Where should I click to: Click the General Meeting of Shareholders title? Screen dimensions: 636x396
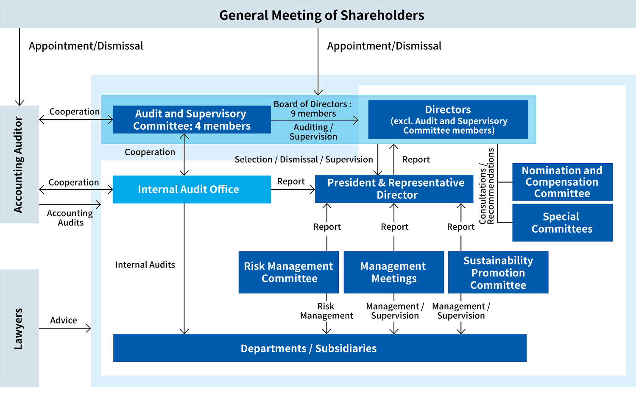(322, 15)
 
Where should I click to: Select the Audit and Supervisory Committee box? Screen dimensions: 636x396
(192, 120)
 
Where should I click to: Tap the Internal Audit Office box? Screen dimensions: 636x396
(192, 190)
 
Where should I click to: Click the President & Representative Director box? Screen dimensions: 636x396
(394, 189)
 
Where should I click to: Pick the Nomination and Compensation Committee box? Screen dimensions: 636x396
(563, 182)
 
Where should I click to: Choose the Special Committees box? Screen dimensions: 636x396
(563, 223)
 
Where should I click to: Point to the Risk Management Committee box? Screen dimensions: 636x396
(289, 272)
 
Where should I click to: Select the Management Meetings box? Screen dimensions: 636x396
(394, 272)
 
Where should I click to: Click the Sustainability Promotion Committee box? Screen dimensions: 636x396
(498, 272)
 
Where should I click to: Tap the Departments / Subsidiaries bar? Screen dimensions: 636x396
(320, 348)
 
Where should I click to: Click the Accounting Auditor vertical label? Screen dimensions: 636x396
(18, 165)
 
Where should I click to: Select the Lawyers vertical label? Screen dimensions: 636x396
(18, 329)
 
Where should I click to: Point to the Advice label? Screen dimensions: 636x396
(64, 320)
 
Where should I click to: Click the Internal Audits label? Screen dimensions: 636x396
(145, 265)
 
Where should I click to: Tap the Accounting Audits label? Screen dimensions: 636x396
(70, 218)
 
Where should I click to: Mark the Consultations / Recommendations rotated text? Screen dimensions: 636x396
(486, 186)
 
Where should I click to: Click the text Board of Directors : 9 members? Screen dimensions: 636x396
(312, 109)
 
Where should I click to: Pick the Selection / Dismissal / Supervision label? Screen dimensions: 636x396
(304, 159)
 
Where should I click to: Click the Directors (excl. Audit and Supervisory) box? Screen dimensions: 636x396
(448, 120)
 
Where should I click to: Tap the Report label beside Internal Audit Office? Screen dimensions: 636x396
(291, 181)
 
